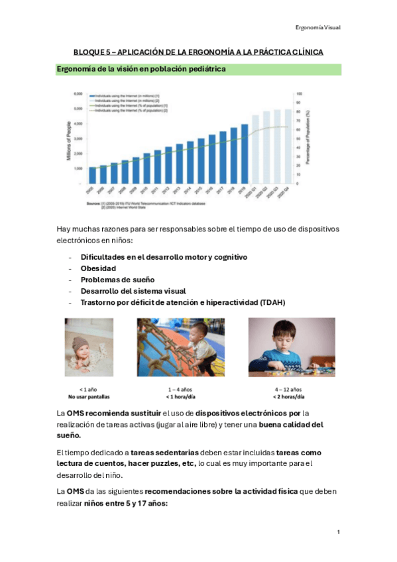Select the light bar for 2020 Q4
(287, 146)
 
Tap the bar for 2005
(92, 175)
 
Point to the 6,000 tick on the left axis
(78, 94)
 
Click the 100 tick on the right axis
(299, 94)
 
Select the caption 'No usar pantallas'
(89, 396)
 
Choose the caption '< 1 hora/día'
(179, 396)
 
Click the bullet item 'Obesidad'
(98, 268)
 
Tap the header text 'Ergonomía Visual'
(317, 27)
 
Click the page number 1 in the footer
(338, 532)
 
